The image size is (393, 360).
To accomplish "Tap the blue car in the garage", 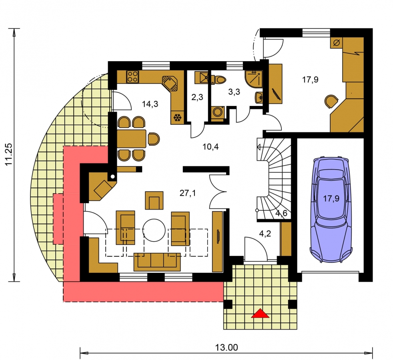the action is coord(331,209).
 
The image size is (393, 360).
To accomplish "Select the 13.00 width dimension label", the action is coord(227,348).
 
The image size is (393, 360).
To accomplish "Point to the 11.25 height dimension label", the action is coord(9,154).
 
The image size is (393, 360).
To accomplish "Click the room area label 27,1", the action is coord(188,193).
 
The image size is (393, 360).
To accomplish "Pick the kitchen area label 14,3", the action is coord(150,104).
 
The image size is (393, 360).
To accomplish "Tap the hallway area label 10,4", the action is coord(211,147).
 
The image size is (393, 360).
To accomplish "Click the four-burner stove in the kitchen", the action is coord(132,77).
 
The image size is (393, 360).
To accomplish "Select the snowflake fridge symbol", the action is coord(178,118).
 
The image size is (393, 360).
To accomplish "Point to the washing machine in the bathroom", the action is coord(217,112).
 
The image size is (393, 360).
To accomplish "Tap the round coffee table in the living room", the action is coord(154,230).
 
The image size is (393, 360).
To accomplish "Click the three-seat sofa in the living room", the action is coord(157,262).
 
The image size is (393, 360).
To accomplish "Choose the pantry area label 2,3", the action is coord(197,97).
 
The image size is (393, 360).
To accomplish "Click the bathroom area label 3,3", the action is coord(234,92).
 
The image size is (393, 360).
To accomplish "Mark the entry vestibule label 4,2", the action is coord(265,234).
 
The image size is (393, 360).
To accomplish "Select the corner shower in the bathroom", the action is coord(254,79).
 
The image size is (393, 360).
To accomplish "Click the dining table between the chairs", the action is coord(132,138).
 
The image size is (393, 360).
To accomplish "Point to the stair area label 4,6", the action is coord(281,214).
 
